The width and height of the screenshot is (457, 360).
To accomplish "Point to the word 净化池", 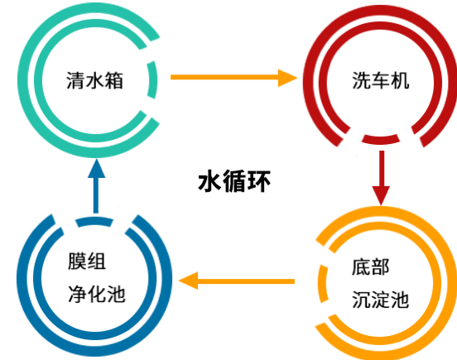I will pos(96,294).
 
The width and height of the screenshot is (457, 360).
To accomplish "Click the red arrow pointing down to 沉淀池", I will pos(381,174).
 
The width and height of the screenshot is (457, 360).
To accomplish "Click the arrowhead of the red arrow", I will pos(381,194).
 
